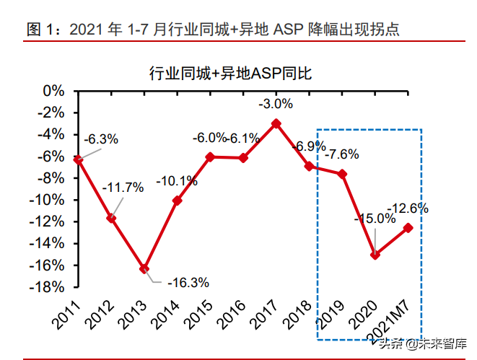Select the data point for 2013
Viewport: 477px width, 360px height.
tap(144, 268)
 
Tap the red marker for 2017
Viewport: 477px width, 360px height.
tap(276, 123)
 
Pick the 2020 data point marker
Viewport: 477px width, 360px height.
tap(375, 254)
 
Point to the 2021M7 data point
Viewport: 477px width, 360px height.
tap(408, 228)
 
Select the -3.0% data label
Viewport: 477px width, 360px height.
tap(276, 104)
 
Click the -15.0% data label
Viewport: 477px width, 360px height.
tap(375, 218)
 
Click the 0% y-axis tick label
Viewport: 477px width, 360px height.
tap(53, 91)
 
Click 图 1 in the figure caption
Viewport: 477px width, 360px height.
tap(41, 30)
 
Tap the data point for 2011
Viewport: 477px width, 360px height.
tap(78, 159)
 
